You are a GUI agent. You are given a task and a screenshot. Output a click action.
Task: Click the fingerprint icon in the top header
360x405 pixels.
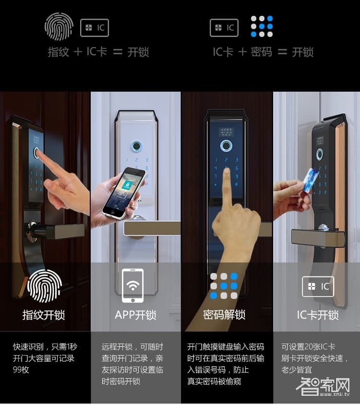click(x=59, y=26)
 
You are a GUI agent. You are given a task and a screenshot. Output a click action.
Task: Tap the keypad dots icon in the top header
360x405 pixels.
click(x=262, y=27)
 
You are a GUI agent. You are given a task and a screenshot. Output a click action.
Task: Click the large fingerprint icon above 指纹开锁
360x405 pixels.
click(x=45, y=286)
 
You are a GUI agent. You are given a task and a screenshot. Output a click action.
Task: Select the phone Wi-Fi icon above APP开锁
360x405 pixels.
click(x=133, y=286)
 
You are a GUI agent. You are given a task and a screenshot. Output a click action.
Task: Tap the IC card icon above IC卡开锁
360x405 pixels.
click(x=318, y=286)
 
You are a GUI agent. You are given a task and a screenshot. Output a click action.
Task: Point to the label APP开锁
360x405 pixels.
click(x=135, y=315)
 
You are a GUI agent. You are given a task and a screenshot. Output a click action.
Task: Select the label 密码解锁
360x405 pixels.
click(x=224, y=315)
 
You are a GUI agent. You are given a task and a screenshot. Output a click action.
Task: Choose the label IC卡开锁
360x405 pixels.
click(x=318, y=315)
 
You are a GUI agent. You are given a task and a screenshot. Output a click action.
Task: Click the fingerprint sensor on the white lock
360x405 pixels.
click(x=136, y=146)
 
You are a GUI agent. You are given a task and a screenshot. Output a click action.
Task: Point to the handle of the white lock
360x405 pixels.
click(x=151, y=228)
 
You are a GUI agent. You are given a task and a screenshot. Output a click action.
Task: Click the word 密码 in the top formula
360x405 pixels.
click(x=261, y=52)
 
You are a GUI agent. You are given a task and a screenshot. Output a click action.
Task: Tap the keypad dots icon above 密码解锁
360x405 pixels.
click(x=224, y=286)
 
